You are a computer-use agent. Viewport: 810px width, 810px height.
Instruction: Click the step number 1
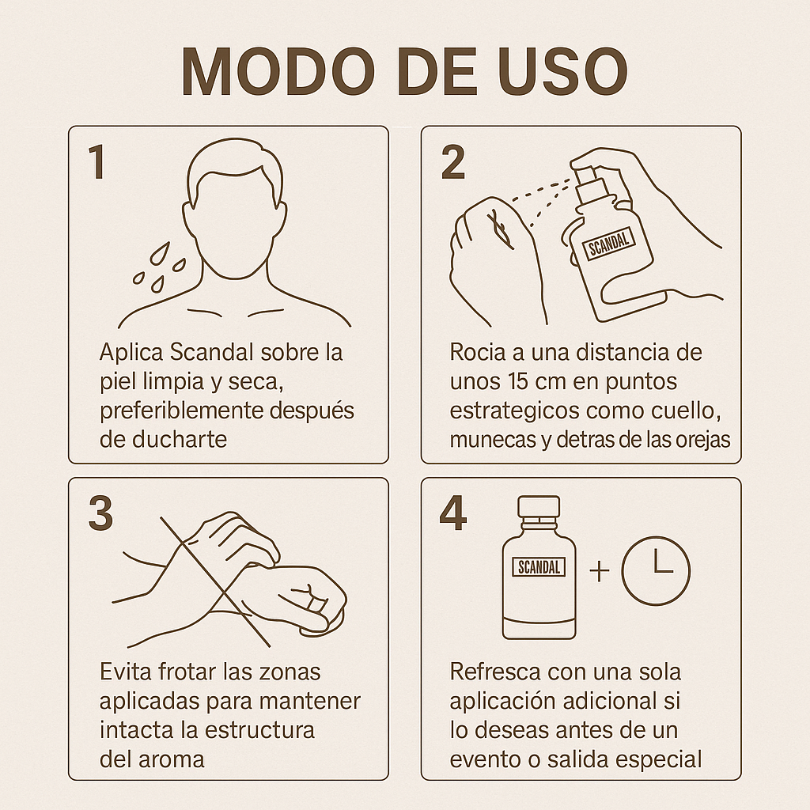97,161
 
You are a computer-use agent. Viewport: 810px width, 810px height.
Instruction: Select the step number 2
453,161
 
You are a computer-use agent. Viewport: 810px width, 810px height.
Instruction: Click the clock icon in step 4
656,571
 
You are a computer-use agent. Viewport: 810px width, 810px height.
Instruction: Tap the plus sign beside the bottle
600,571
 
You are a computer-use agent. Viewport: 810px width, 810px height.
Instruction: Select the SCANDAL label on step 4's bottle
539,567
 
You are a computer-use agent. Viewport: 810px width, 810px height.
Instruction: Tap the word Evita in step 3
125,672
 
